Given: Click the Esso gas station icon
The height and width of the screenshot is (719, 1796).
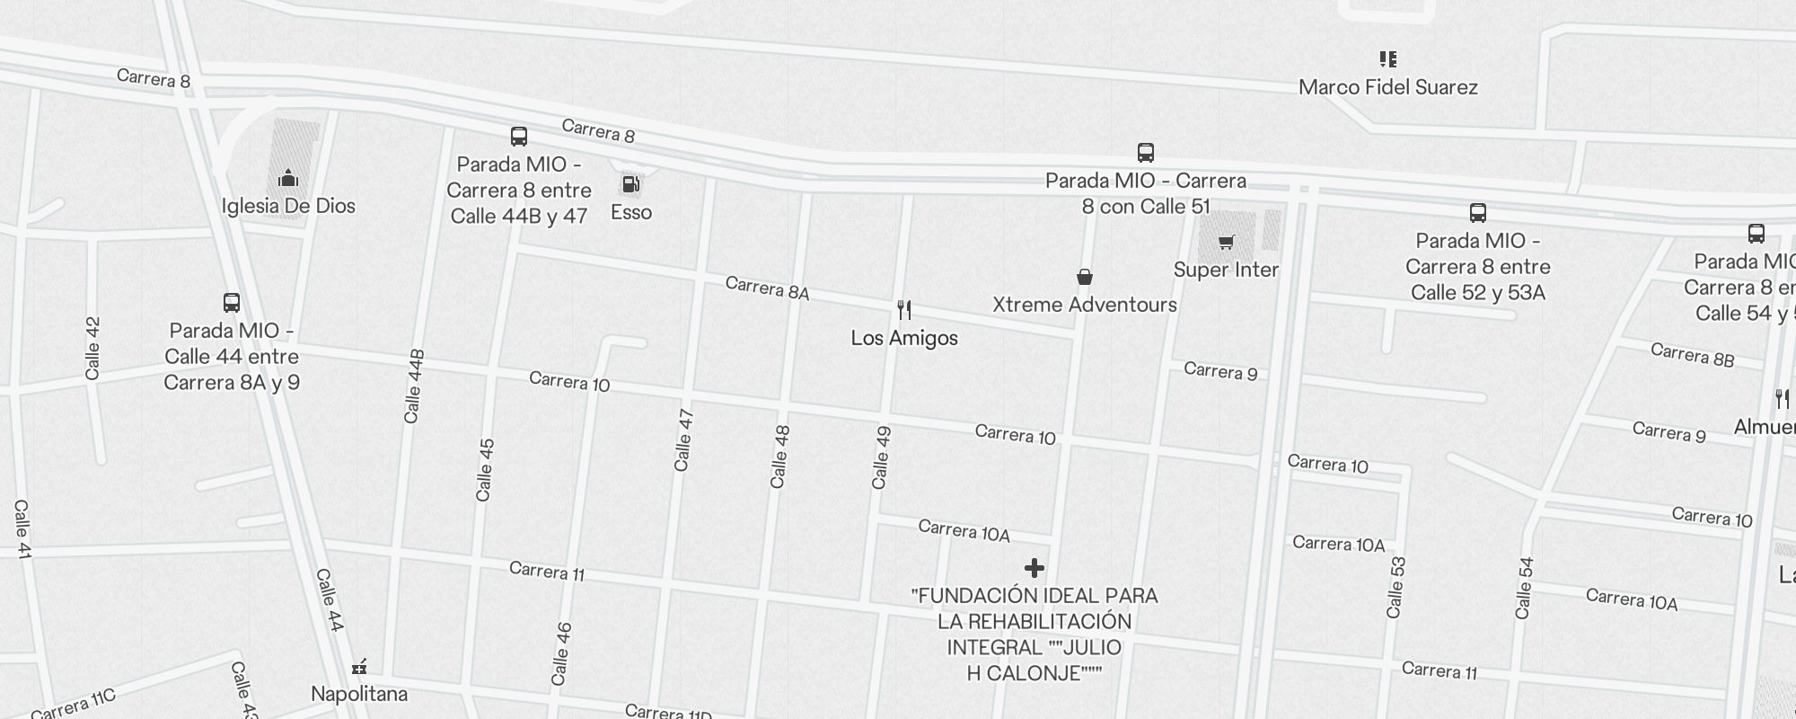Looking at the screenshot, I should (631, 185).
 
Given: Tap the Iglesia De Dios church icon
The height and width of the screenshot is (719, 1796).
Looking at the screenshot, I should (288, 178).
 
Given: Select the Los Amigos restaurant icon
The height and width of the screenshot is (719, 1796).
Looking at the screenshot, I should (904, 310).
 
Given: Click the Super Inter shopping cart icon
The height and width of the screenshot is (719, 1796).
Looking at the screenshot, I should (1227, 242).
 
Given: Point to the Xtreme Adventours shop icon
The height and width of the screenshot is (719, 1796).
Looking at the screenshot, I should (1085, 277).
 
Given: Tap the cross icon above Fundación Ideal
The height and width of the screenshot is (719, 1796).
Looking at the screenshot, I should (1034, 568).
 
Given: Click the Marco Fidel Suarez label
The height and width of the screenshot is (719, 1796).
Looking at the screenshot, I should (1388, 87).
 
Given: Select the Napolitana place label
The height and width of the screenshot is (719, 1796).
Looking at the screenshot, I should (359, 694).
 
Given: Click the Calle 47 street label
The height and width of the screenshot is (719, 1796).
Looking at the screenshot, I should (683, 439).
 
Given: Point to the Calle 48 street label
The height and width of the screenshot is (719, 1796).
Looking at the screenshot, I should (779, 457).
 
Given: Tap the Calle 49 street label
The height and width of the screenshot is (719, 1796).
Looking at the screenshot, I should (881, 457).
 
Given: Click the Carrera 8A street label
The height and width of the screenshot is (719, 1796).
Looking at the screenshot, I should (767, 288).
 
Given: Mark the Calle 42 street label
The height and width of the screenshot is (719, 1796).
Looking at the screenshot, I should (92, 348).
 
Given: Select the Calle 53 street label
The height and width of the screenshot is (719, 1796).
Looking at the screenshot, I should (1395, 588).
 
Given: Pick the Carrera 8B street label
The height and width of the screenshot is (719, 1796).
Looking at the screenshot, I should (1692, 355).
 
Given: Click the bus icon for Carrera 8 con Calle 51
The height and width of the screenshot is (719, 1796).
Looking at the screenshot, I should (1146, 152).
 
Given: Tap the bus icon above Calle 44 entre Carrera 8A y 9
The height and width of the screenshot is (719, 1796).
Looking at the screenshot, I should (232, 302).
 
